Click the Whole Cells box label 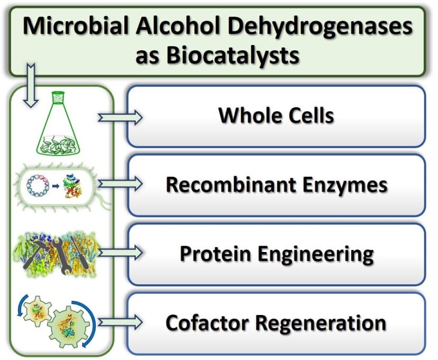(276, 116)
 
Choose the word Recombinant (221, 184)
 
